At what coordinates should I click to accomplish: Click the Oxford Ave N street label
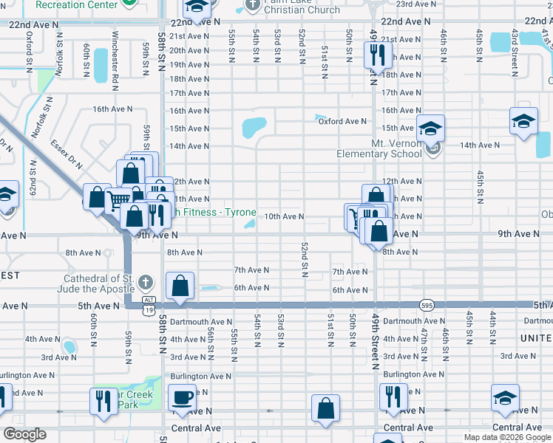pyautogui.click(x=342, y=121)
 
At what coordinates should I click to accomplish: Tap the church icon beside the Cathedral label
pyautogui.click(x=146, y=282)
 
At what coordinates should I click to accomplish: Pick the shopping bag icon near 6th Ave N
pyautogui.click(x=180, y=286)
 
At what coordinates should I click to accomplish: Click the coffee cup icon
pyautogui.click(x=180, y=398)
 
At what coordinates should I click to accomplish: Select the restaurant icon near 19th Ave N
pyautogui.click(x=378, y=55)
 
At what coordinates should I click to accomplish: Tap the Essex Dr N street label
pyautogui.click(x=67, y=155)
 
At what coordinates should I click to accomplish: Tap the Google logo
pyautogui.click(x=24, y=434)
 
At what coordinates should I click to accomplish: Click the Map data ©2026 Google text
pyautogui.click(x=506, y=437)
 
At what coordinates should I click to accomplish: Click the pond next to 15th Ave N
pyautogui.click(x=254, y=128)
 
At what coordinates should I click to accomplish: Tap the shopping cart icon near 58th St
pyautogui.click(x=117, y=198)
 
